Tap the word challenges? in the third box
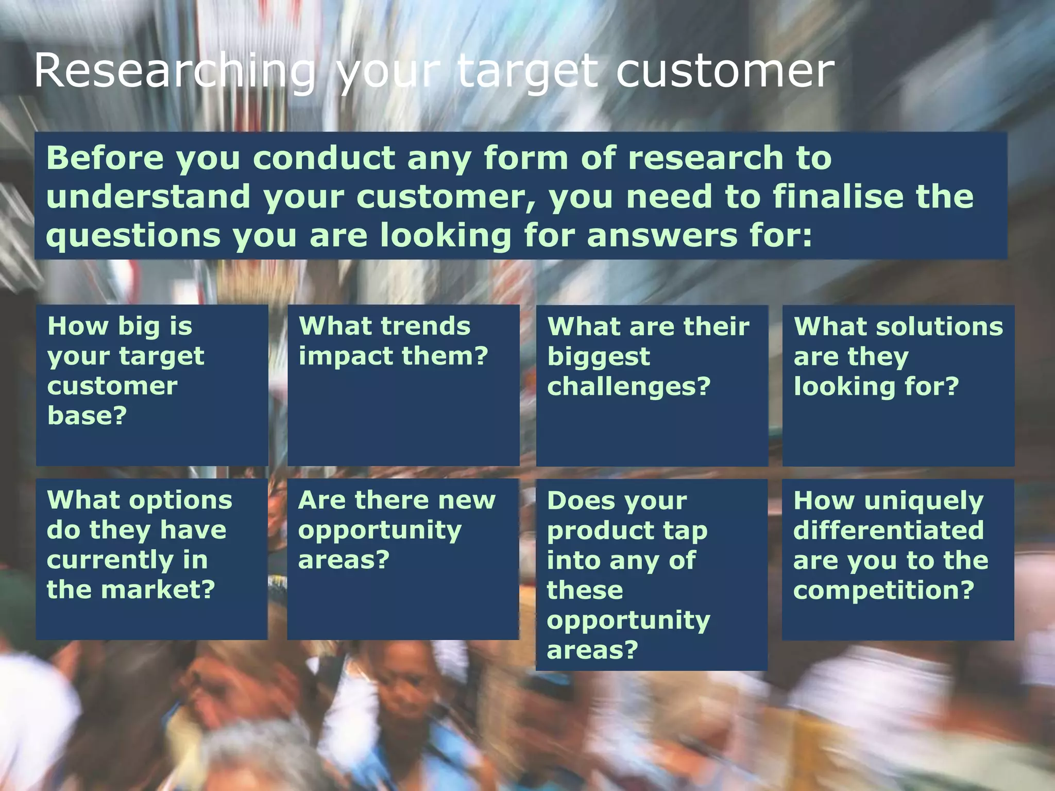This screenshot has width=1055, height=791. (628, 386)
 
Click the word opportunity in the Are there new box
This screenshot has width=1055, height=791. (380, 531)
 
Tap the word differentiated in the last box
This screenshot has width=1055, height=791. (888, 530)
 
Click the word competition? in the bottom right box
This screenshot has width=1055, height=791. (883, 590)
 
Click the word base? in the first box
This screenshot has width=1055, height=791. (87, 416)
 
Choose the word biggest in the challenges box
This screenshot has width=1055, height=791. (599, 357)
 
